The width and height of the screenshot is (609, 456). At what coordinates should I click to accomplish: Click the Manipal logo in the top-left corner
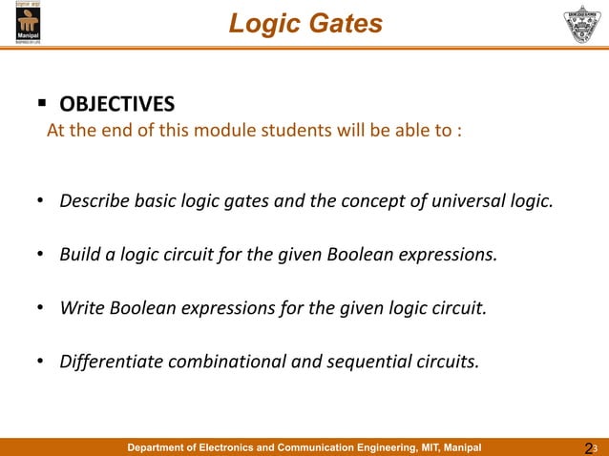tap(28, 22)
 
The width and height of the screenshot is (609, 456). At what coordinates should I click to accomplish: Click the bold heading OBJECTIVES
tap(117, 103)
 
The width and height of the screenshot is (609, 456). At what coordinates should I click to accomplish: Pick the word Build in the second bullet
tap(79, 255)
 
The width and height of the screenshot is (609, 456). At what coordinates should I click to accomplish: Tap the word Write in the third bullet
tap(81, 308)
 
